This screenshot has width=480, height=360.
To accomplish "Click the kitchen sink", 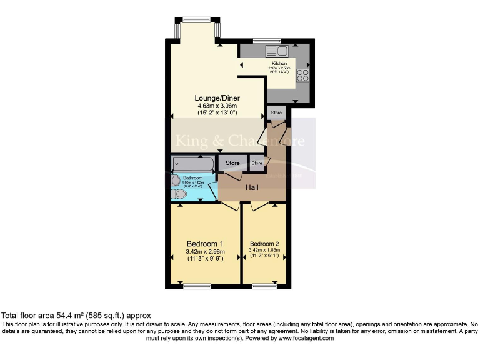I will click(276, 51).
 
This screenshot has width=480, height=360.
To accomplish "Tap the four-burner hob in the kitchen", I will click(303, 75).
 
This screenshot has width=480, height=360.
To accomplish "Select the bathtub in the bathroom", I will click(193, 164).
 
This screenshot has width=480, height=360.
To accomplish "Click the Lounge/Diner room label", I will click(217, 98).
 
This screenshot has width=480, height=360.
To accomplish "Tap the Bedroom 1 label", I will click(205, 244).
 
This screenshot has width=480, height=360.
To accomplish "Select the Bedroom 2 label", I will click(264, 244).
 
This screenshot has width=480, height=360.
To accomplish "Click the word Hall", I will click(252, 187).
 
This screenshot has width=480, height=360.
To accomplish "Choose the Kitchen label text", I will click(279, 64).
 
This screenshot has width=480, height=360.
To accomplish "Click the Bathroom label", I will click(192, 178).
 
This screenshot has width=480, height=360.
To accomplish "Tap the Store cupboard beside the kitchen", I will click(276, 113).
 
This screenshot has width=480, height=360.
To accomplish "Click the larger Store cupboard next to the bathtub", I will click(232, 163).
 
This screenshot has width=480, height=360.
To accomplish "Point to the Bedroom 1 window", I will click(197, 286).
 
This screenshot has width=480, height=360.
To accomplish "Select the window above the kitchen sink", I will click(271, 41).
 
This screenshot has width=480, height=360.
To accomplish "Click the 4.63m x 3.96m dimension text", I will click(217, 106).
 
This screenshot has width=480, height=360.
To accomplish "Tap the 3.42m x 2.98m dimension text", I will click(205, 252).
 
